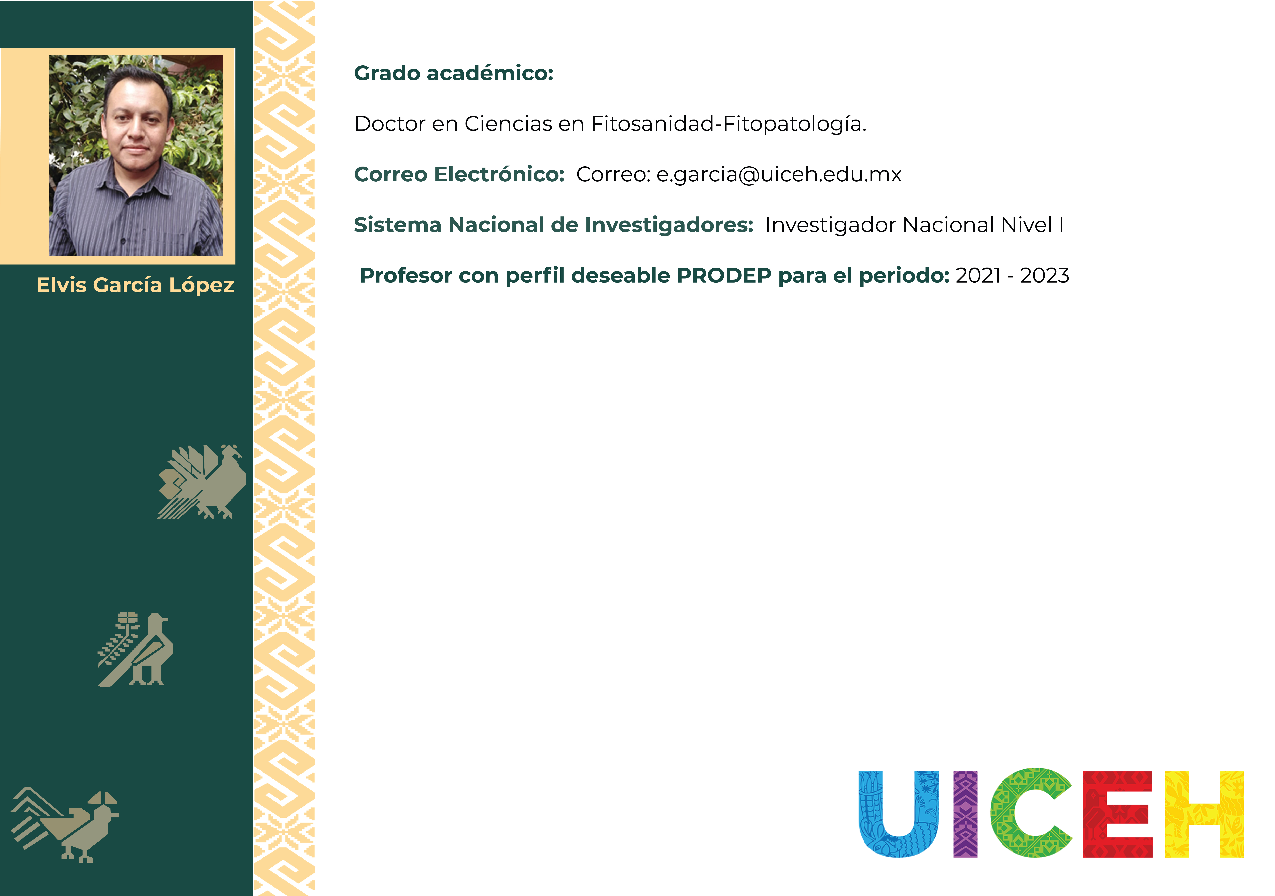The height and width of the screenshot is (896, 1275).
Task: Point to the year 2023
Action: coord(1044,276)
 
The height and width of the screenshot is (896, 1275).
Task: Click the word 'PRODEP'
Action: coord(724,276)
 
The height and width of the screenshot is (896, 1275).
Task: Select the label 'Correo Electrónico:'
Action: coord(459,174)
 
